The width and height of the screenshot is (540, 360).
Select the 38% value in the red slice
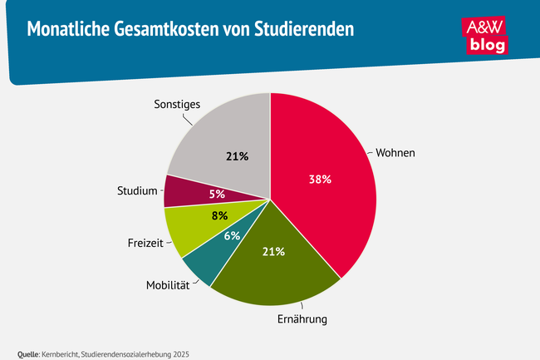click(x=320, y=179)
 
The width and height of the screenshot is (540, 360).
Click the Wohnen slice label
click(x=395, y=154)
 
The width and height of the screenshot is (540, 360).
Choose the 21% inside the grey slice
click(x=237, y=155)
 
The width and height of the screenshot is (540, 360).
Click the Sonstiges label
click(x=178, y=105)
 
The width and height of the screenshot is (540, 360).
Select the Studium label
click(x=136, y=191)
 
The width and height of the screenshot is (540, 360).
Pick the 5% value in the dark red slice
click(x=216, y=195)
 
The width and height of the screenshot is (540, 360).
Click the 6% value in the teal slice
click(x=230, y=236)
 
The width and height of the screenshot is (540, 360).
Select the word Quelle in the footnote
click(x=28, y=353)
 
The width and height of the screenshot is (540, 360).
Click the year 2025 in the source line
click(x=179, y=353)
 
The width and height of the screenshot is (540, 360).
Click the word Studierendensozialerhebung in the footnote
click(x=125, y=353)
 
